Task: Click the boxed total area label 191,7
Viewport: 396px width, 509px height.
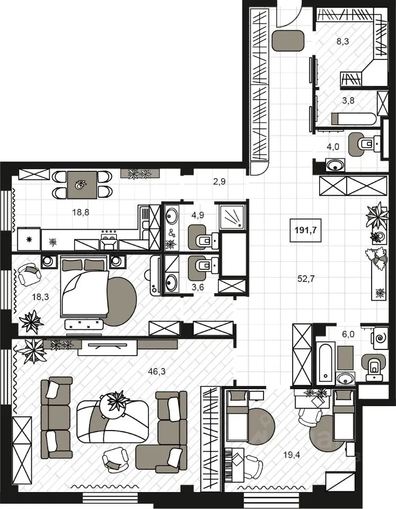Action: (x=305, y=231)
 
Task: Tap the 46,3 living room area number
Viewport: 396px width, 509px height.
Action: (x=156, y=371)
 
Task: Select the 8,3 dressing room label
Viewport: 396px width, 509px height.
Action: (x=342, y=41)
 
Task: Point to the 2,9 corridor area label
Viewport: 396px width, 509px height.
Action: (x=219, y=182)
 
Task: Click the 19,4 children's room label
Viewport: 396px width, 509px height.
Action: (x=292, y=455)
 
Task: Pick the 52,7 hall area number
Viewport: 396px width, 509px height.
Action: (x=306, y=278)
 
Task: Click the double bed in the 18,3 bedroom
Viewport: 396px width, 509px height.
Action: (x=84, y=286)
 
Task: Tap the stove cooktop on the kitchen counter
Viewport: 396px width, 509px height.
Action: (x=109, y=241)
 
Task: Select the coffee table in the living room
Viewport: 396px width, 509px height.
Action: (x=113, y=422)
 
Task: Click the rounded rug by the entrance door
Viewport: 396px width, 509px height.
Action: (x=288, y=41)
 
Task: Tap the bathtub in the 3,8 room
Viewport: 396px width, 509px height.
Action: (x=354, y=118)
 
